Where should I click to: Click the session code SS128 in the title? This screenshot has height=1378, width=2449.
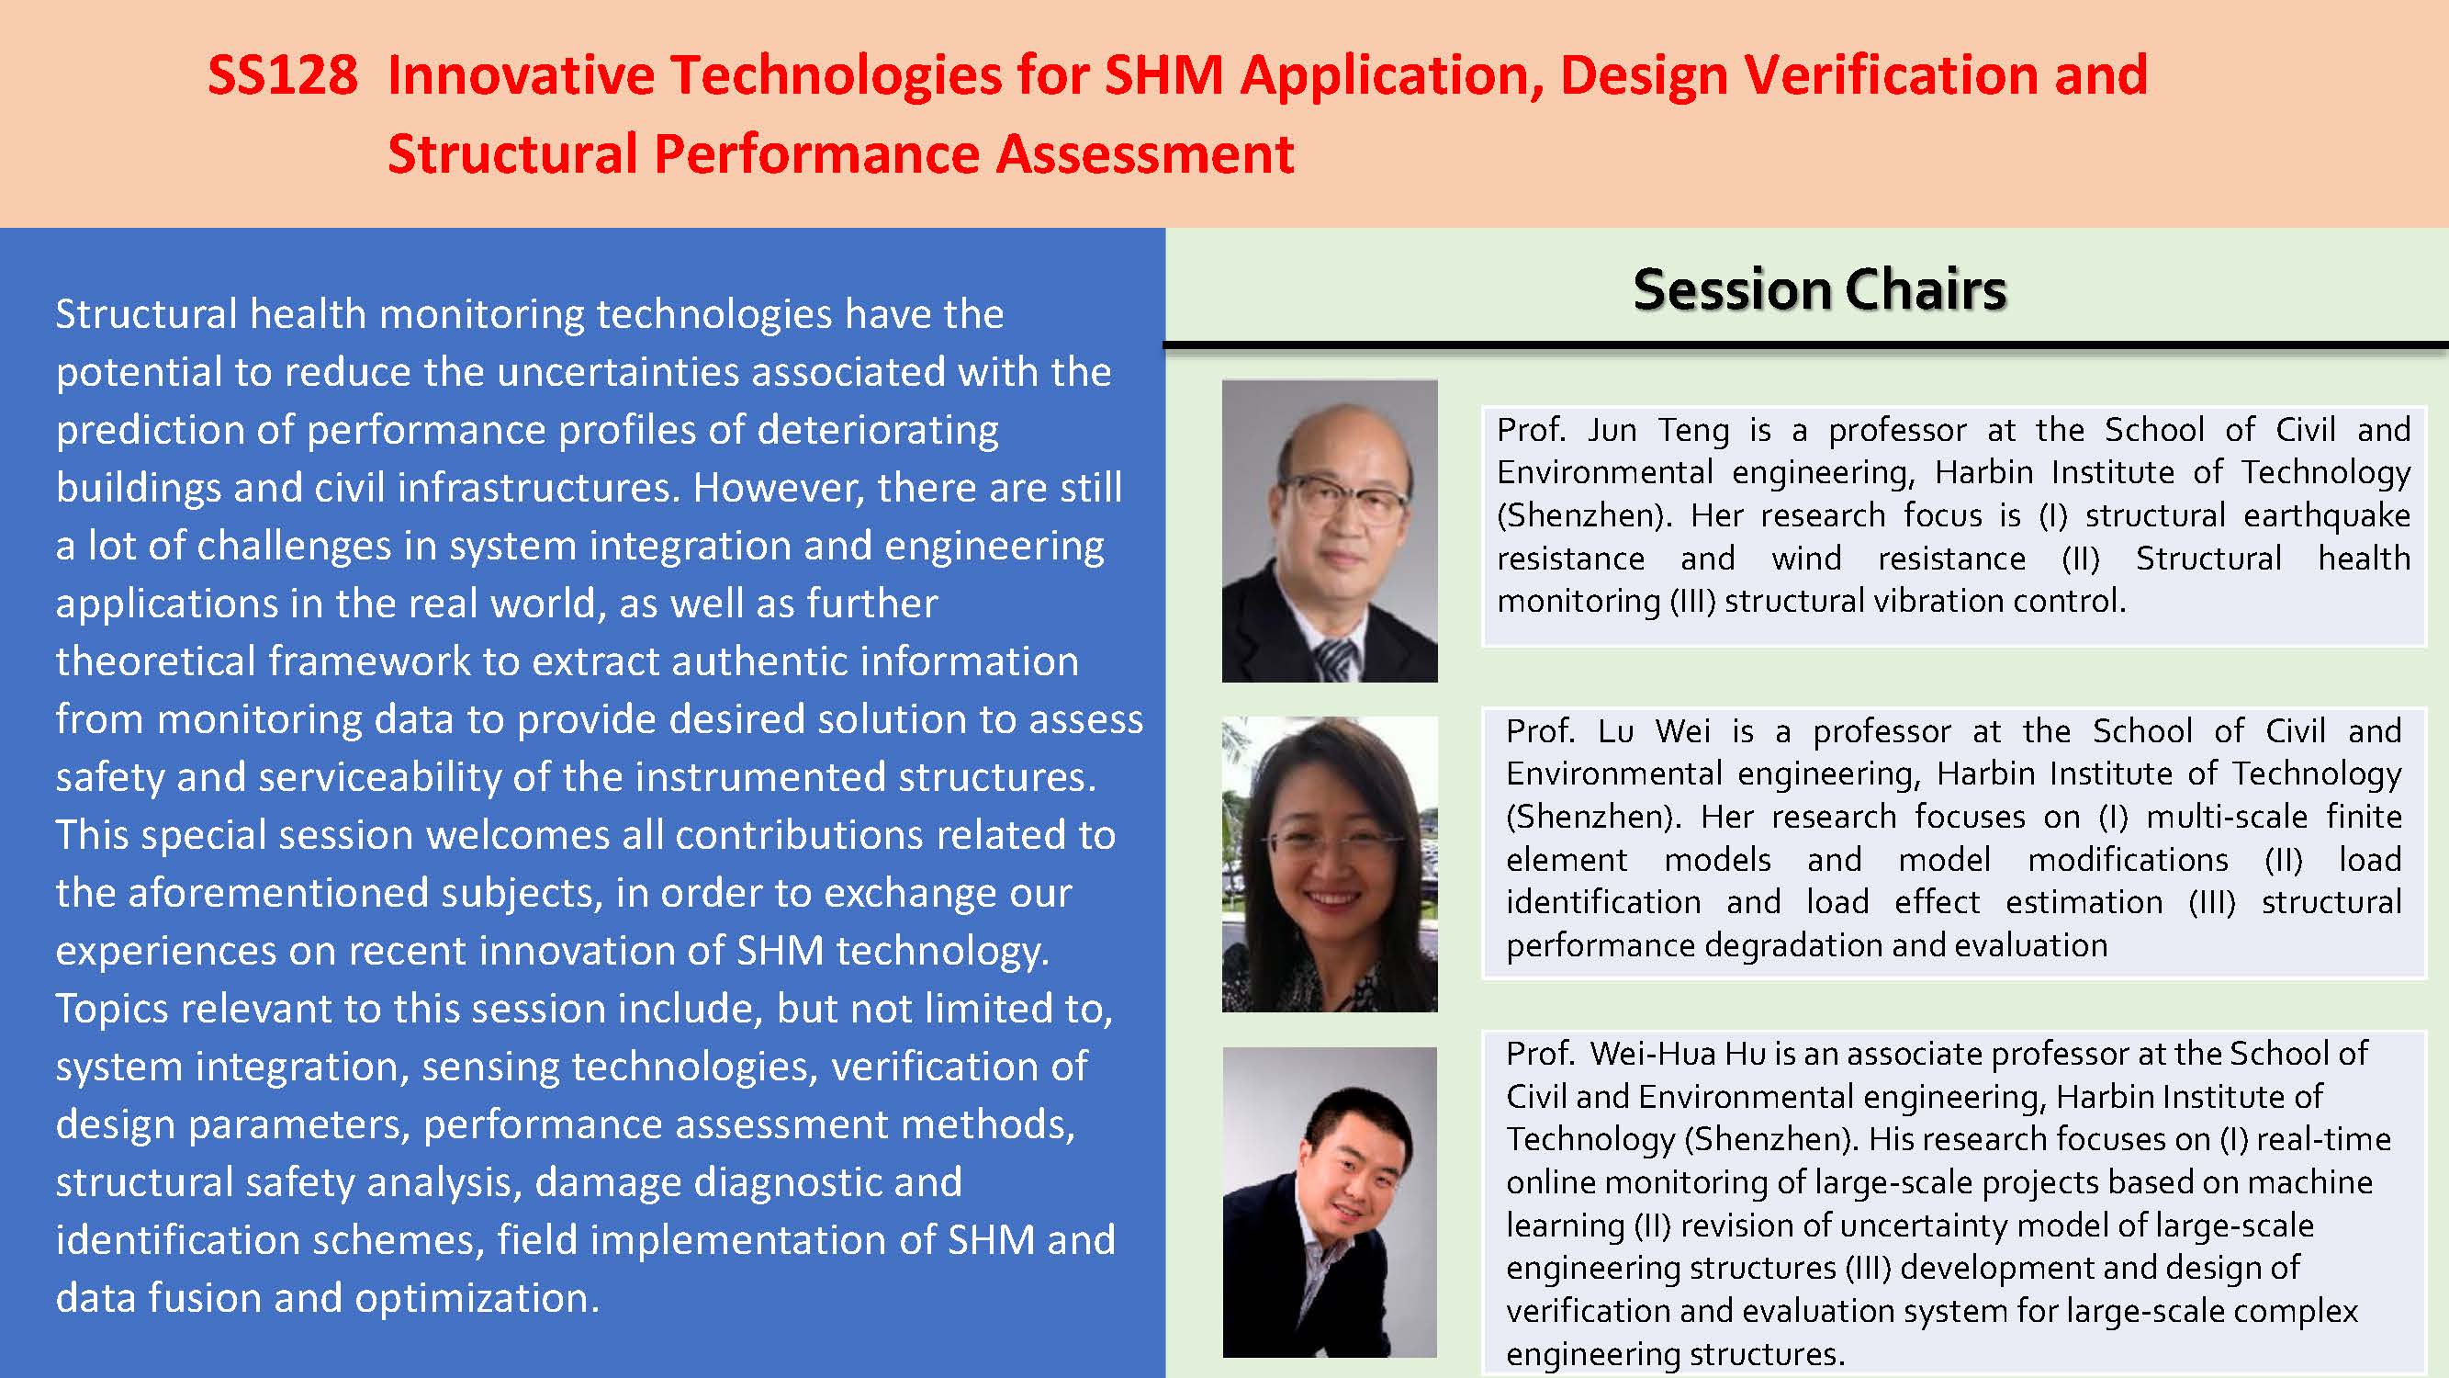(282, 75)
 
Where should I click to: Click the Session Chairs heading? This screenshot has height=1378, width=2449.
(1820, 289)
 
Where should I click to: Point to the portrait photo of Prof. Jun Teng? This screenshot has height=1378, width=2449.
(1329, 531)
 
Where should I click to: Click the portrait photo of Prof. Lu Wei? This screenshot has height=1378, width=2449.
(1329, 864)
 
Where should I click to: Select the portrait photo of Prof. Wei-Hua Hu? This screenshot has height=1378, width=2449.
(1329, 1202)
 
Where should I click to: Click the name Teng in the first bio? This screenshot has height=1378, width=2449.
(1694, 431)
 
